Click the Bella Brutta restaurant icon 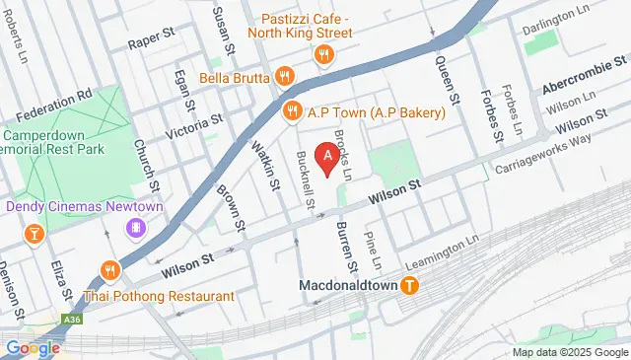284,76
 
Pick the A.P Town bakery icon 291,112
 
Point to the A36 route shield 71,320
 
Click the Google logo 33,347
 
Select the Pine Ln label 373,252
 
